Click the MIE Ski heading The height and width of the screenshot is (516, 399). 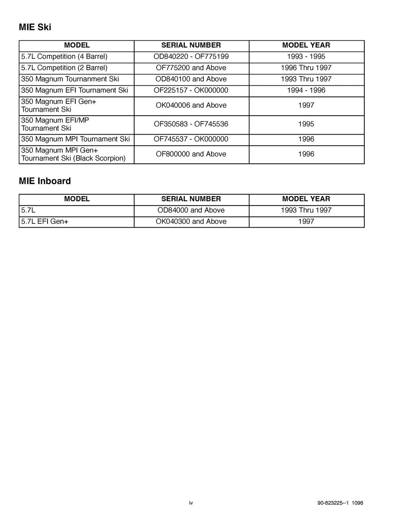35,27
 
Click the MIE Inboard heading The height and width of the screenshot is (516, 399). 45,181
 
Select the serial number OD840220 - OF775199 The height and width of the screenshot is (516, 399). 191,56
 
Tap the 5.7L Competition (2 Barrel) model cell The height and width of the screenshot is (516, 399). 64,68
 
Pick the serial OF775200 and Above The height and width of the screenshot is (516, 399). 191,68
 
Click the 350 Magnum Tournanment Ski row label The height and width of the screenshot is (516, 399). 70,79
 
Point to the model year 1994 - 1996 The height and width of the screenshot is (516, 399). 306,90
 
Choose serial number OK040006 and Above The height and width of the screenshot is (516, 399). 191,105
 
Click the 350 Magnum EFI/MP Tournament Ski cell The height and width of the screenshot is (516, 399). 55,124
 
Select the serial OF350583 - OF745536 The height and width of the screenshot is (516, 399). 191,124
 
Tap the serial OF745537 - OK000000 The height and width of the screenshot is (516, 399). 191,139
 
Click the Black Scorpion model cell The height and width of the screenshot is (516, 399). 73,154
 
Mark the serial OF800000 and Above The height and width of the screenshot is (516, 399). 191,154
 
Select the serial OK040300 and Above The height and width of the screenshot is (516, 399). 191,221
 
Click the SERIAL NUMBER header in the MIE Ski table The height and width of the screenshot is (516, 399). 191,45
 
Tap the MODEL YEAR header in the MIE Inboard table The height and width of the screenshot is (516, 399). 306,199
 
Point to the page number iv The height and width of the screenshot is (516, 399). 191,503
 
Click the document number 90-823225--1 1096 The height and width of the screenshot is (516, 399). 340,503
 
